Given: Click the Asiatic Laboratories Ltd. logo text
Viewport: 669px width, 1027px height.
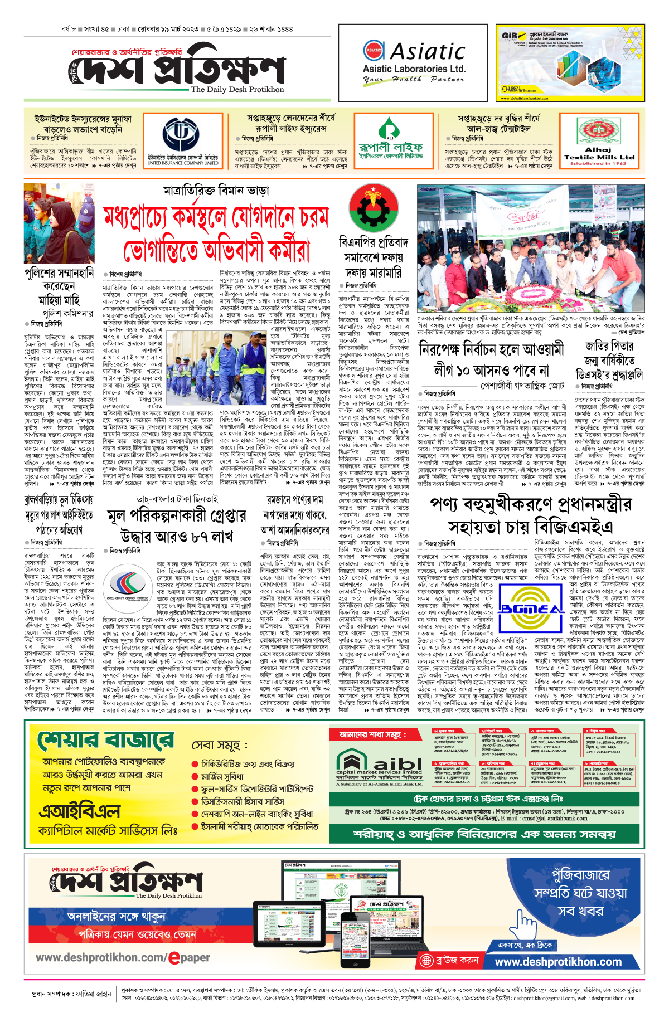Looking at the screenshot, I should coord(414,62).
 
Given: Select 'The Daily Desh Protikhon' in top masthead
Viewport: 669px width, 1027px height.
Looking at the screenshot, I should coord(237,90).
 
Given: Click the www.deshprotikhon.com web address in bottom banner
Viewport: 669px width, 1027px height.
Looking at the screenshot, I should coord(558,961).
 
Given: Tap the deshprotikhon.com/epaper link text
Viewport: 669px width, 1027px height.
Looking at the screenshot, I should coord(123,957).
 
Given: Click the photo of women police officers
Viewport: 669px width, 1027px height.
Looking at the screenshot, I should coord(59,223).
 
